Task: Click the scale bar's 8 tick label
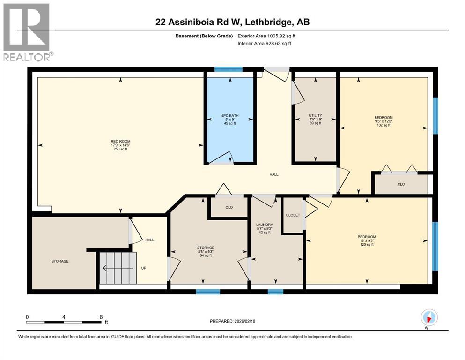[x=101, y=317]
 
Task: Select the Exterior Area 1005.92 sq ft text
[x=266, y=36]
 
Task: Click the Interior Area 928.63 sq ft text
[x=265, y=44]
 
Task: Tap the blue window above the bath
[x=229, y=70]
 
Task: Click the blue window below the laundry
[x=275, y=292]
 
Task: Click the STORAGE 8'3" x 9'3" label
[x=206, y=251]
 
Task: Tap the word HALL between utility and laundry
[x=273, y=174]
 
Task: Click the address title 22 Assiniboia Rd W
[x=232, y=22]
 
